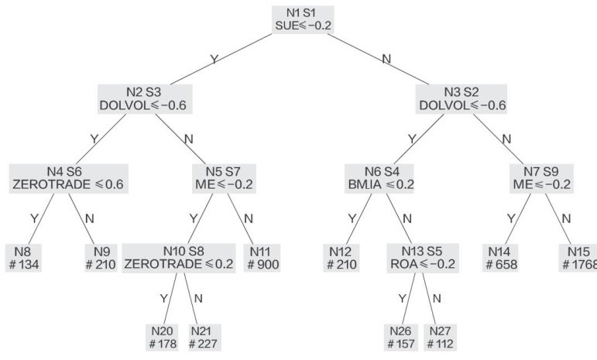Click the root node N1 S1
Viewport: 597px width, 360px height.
tap(303, 19)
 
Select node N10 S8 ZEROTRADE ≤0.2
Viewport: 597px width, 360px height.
tap(178, 258)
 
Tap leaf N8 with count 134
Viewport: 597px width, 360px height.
tap(26, 258)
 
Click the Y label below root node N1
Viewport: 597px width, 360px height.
tap(214, 58)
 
